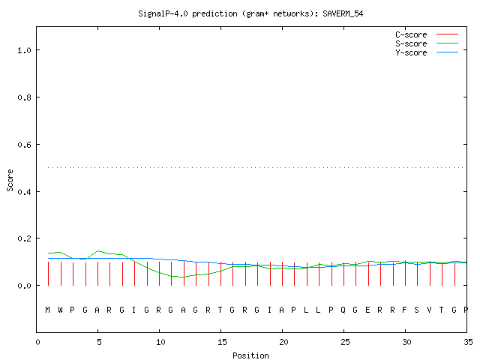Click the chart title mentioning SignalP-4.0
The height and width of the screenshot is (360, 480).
tap(250, 13)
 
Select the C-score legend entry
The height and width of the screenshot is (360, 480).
tap(427, 34)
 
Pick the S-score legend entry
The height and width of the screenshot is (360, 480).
tap(427, 43)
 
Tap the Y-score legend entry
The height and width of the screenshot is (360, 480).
tap(427, 52)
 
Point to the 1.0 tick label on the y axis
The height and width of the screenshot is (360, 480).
tap(24, 50)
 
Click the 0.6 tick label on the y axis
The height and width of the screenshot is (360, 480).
tap(24, 145)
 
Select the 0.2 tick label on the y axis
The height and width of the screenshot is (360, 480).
tap(24, 238)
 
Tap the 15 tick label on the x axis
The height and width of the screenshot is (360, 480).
tap(222, 342)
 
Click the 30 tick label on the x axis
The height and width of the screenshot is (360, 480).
tap(406, 342)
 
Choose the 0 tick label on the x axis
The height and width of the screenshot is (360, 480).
tap(37, 342)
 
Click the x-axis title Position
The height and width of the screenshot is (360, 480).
tap(250, 355)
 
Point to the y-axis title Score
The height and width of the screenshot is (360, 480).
tap(10, 180)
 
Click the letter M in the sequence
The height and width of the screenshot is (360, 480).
tap(48, 310)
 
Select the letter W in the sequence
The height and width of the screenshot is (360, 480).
tap(60, 310)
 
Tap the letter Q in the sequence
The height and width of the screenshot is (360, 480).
tap(343, 310)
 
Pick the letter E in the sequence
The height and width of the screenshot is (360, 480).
tap(367, 310)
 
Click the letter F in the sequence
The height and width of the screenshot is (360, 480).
tap(404, 310)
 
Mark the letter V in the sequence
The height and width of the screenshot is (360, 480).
tap(429, 310)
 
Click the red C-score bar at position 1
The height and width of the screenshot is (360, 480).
tap(48, 274)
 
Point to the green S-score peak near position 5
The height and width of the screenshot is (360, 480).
tap(98, 251)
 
